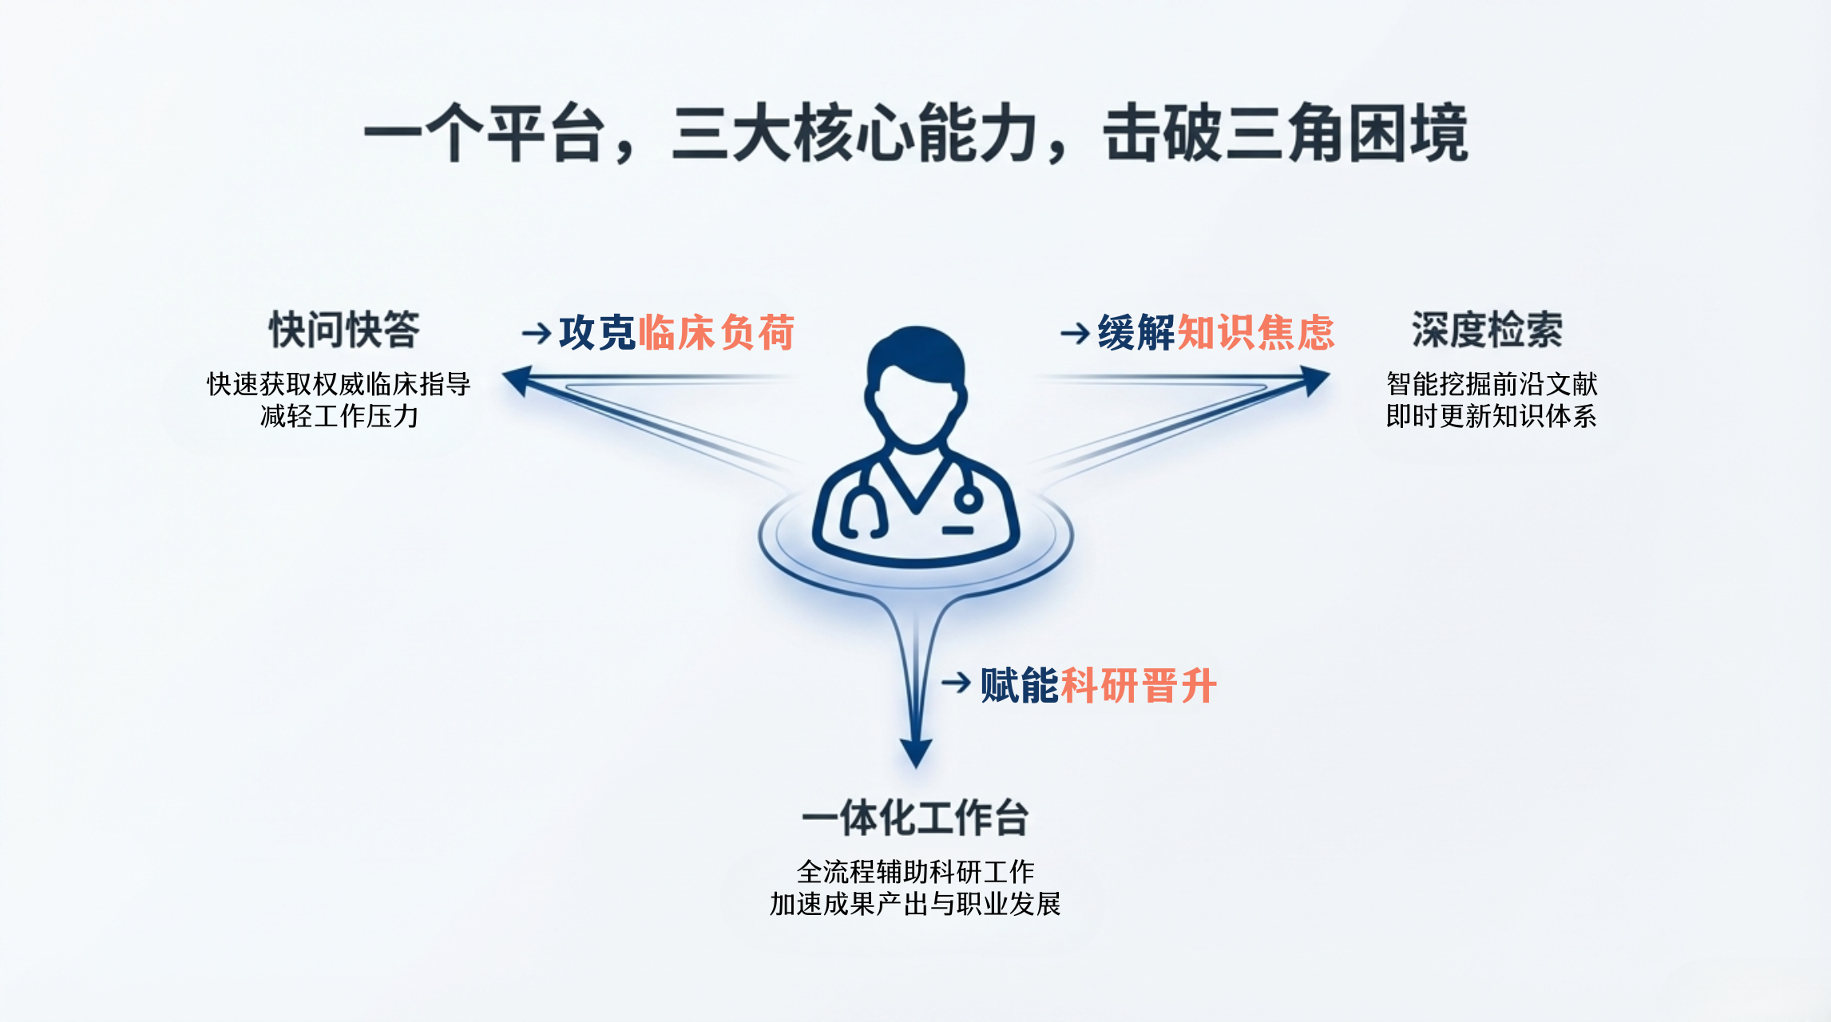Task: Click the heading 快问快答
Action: click(x=344, y=330)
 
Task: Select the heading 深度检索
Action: click(x=1487, y=330)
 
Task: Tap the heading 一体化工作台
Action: click(x=915, y=818)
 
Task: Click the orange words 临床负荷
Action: click(x=716, y=332)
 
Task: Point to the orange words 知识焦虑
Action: click(x=1256, y=332)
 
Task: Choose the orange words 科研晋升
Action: click(x=1139, y=685)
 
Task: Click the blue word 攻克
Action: click(x=597, y=332)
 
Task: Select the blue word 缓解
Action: click(x=1137, y=332)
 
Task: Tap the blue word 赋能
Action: click(x=1020, y=685)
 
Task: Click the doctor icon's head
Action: click(x=916, y=387)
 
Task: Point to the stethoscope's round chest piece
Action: click(x=969, y=501)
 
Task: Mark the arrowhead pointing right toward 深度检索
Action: click(x=1314, y=380)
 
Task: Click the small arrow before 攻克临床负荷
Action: click(x=537, y=333)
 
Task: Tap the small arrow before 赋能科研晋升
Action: click(x=957, y=683)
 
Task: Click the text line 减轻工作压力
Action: click(x=339, y=416)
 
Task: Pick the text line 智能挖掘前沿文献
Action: click(x=1492, y=384)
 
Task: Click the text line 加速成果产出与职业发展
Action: click(x=915, y=904)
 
